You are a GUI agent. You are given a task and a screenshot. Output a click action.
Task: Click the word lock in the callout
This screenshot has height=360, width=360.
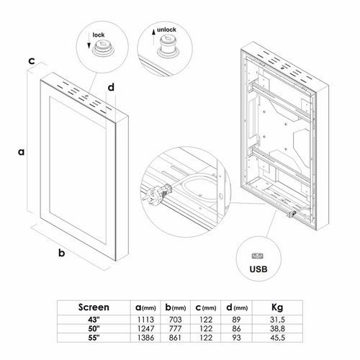(99, 35)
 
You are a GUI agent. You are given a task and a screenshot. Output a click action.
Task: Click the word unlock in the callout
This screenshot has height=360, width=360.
(166, 30)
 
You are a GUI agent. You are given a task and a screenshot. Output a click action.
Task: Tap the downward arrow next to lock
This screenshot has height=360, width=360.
(89, 41)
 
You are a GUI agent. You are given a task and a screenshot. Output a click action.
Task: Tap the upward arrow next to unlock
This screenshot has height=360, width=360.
(153, 37)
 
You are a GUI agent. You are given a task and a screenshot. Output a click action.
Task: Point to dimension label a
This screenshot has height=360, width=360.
(22, 152)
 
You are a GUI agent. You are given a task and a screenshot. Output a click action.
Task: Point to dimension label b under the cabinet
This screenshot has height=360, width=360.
(62, 253)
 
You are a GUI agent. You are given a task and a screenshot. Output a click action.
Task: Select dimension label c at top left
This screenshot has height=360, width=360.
(32, 61)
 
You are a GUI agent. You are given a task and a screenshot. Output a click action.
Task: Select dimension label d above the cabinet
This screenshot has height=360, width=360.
(111, 87)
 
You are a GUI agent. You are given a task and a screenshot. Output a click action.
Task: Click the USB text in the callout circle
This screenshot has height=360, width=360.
(258, 269)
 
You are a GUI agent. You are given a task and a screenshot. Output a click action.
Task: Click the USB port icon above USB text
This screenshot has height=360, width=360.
(257, 256)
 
